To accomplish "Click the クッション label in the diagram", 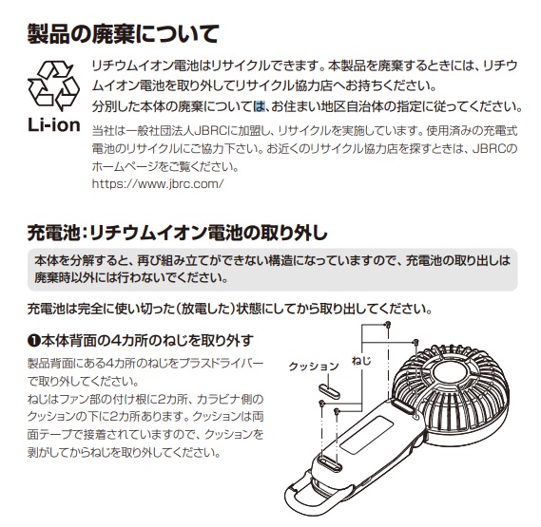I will [x=313, y=366].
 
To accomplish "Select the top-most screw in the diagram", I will [x=388, y=326].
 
